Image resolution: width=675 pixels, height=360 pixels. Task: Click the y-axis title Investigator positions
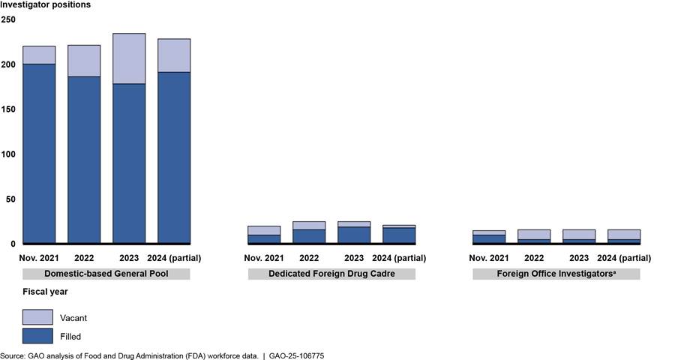[x=46, y=5]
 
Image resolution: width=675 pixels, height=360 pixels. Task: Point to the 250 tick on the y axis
[x=8, y=19]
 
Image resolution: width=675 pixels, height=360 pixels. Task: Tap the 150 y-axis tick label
[x=8, y=109]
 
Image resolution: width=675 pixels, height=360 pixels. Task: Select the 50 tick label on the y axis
[x=10, y=199]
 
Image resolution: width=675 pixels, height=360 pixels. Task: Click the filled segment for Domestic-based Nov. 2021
[x=39, y=153]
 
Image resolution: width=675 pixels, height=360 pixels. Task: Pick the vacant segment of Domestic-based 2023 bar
[x=129, y=58]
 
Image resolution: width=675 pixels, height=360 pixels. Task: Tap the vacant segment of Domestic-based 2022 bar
[x=84, y=61]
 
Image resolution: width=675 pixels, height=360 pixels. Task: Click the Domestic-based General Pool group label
[x=106, y=274]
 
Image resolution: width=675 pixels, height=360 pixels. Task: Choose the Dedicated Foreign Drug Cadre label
[x=331, y=274]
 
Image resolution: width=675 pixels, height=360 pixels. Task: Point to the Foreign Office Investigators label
[x=556, y=274]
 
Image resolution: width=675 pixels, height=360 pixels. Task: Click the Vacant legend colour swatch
[x=37, y=317]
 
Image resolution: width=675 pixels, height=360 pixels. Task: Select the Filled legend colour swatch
[x=37, y=336]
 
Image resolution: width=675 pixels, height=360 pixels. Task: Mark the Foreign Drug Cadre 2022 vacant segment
[x=309, y=225]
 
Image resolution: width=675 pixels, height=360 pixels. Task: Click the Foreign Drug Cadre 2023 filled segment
[x=354, y=234]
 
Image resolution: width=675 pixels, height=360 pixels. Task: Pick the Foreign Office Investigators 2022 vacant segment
[x=534, y=234]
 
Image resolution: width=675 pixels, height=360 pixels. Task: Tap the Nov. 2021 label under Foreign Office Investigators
[x=489, y=258]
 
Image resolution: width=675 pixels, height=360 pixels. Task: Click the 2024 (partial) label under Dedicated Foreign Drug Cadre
[x=399, y=258]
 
